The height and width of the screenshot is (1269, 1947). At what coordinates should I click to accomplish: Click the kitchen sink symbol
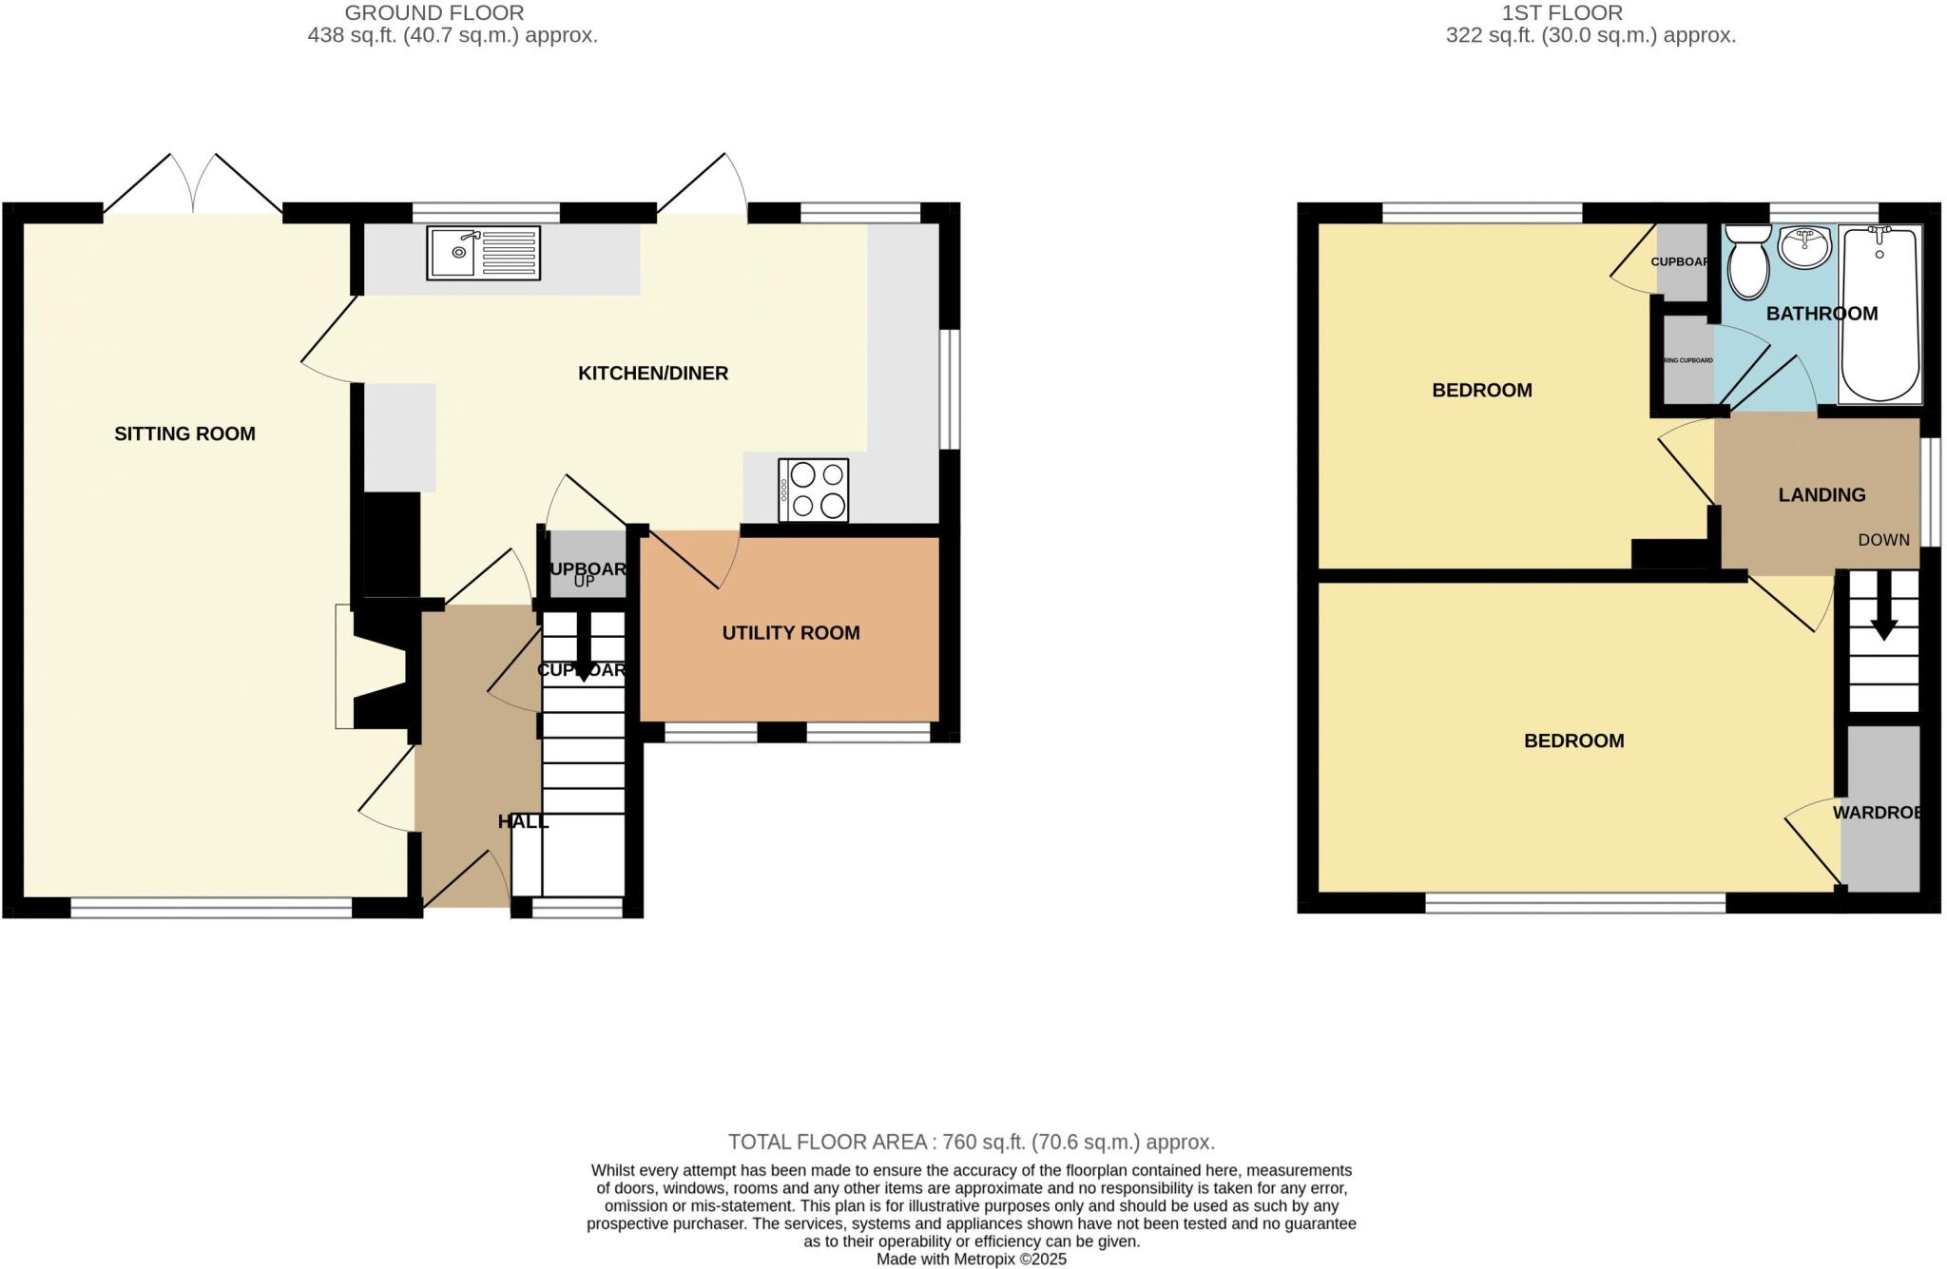click(x=483, y=252)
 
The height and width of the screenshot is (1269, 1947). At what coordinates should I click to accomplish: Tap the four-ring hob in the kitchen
click(x=813, y=490)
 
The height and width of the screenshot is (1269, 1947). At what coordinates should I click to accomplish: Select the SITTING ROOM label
click(x=184, y=433)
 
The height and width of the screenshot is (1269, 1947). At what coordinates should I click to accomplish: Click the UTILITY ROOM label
click(x=790, y=632)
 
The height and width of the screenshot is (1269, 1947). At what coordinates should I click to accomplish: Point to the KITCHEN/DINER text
click(x=653, y=373)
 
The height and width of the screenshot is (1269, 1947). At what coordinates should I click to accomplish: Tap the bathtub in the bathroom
click(x=1880, y=314)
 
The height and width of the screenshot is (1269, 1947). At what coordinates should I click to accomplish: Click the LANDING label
click(x=1822, y=494)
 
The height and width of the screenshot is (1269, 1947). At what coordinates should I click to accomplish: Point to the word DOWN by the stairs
click(x=1883, y=539)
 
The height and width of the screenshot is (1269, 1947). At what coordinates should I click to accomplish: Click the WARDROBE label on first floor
click(x=1879, y=812)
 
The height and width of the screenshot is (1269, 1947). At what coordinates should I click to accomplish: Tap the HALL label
click(x=523, y=820)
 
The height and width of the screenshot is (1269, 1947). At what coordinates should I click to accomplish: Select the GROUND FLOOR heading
click(x=434, y=12)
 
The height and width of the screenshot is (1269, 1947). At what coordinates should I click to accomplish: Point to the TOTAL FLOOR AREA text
click(x=971, y=1142)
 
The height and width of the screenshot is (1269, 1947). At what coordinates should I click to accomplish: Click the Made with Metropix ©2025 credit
click(x=971, y=1259)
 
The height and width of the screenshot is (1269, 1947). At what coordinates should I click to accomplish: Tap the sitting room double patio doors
click(x=193, y=186)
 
